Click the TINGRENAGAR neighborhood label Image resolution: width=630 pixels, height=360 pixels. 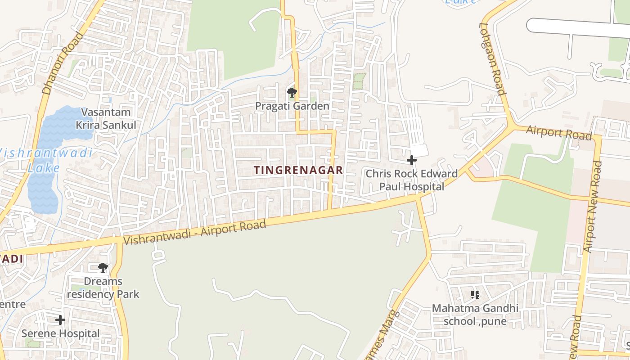(x=298, y=170)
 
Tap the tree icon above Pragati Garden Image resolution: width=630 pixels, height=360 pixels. (x=292, y=93)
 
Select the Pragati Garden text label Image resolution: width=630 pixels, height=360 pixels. (x=292, y=106)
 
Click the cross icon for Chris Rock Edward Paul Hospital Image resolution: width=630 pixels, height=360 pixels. (x=411, y=160)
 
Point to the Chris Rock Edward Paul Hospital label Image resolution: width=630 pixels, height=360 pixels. (x=411, y=180)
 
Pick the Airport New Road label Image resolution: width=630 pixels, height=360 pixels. (x=593, y=207)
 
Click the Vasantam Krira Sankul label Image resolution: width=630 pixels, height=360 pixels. (x=106, y=118)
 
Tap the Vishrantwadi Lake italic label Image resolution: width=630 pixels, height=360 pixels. (x=45, y=160)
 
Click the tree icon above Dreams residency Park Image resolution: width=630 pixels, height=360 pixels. (x=103, y=268)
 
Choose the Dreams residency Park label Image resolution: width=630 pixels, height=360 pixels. (x=103, y=288)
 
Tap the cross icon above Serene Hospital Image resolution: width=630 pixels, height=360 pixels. (x=60, y=320)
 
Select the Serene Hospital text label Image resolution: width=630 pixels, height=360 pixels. (x=61, y=333)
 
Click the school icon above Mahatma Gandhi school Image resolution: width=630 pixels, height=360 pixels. (x=475, y=295)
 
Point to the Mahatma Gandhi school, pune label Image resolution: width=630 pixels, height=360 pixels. (x=475, y=315)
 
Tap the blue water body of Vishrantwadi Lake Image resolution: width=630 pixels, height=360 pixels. (x=49, y=135)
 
